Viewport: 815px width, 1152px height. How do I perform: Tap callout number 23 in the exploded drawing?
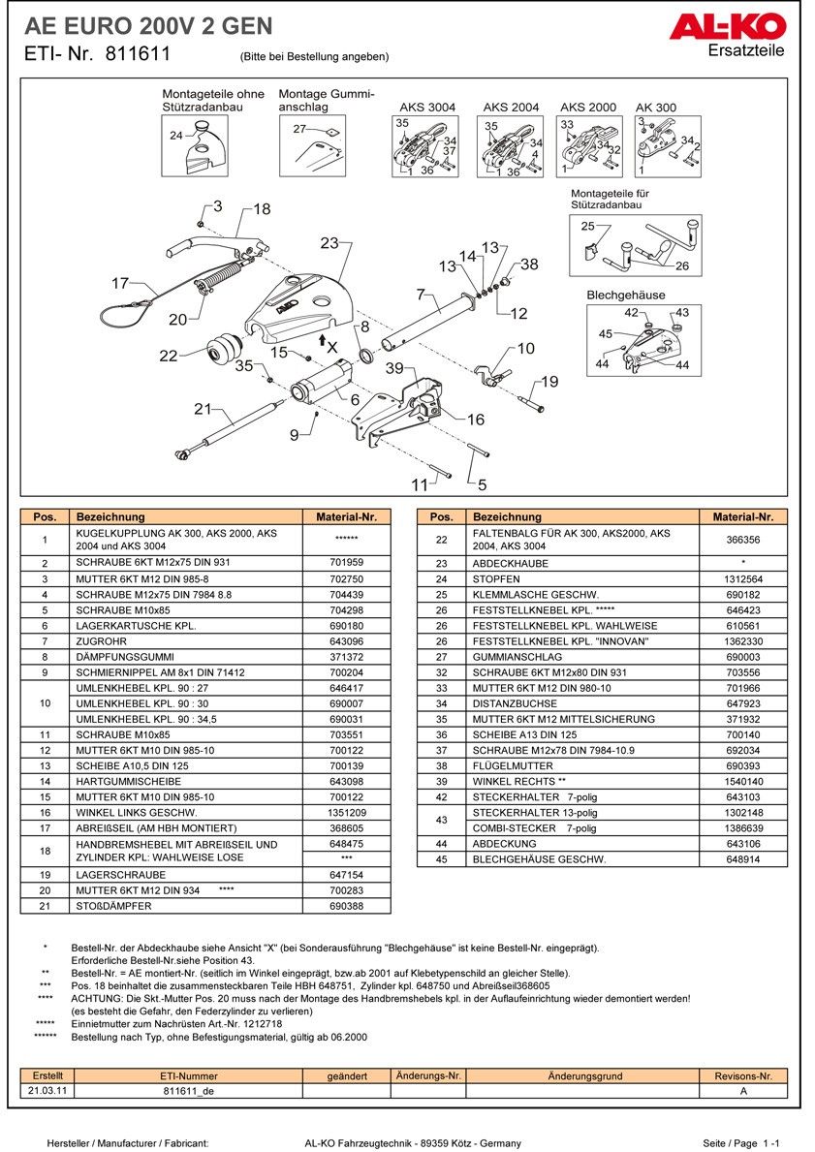(x=329, y=243)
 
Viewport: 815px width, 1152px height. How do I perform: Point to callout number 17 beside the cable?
(x=120, y=284)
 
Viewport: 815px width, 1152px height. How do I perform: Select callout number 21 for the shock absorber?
(x=202, y=410)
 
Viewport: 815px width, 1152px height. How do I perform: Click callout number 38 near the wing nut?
(x=528, y=265)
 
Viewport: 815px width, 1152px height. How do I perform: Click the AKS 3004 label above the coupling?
(x=427, y=108)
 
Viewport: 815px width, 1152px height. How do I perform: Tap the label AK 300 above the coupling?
(x=656, y=108)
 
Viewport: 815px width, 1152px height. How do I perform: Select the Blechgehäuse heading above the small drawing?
(x=626, y=295)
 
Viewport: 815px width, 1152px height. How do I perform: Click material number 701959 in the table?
(x=347, y=563)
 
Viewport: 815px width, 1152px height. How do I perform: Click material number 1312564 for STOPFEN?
(x=744, y=578)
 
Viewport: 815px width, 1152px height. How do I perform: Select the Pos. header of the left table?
(x=45, y=517)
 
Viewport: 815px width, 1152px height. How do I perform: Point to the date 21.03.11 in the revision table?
(x=47, y=1090)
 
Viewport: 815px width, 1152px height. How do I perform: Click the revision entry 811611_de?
(x=189, y=1090)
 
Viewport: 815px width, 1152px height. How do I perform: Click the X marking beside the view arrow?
(x=332, y=346)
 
